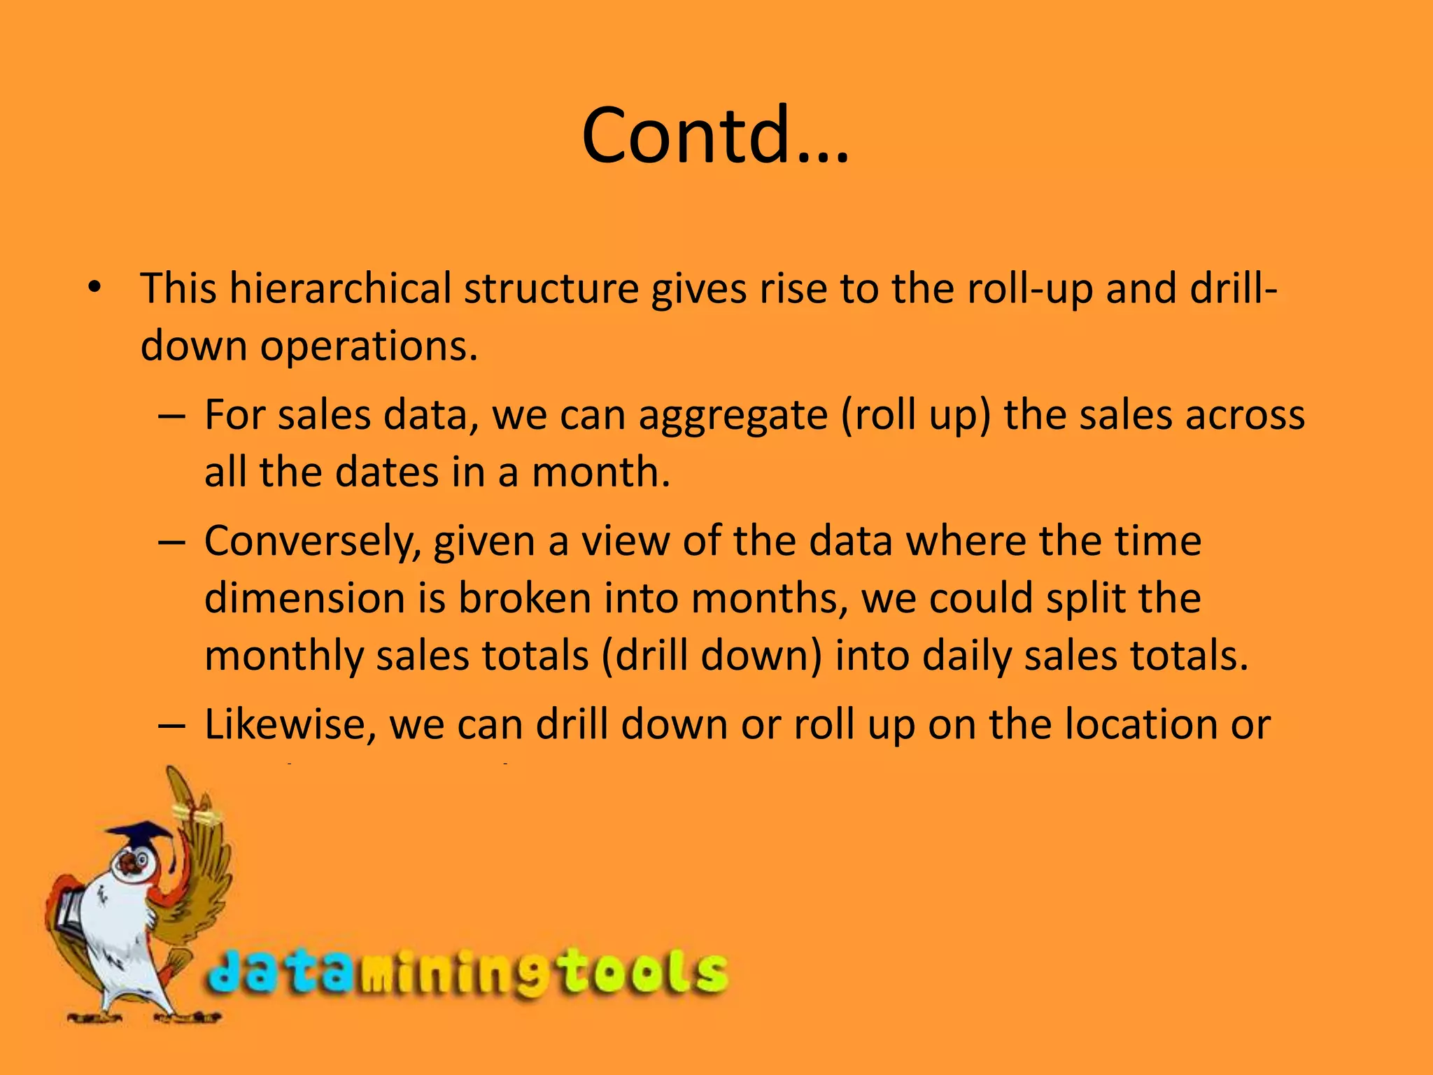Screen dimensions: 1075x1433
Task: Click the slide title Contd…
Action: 715,134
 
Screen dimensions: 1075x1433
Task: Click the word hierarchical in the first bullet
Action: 341,288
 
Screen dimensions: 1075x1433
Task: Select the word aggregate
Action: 733,415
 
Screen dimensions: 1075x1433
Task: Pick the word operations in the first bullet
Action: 369,346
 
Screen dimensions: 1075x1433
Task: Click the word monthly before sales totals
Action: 283,656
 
